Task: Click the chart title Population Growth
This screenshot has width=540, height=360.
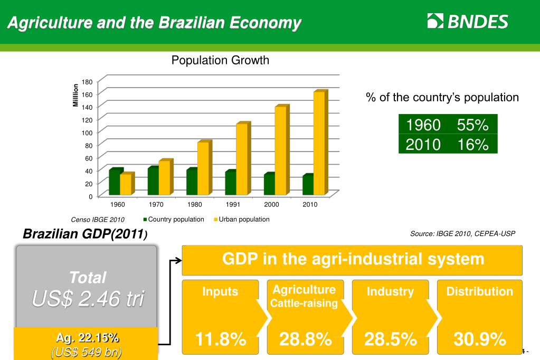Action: point(220,60)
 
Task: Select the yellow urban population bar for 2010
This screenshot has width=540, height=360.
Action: point(319,141)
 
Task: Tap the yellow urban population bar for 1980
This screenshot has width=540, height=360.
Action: point(203,168)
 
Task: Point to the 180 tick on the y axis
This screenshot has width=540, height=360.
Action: point(87,82)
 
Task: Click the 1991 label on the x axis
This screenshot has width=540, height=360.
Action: point(233,205)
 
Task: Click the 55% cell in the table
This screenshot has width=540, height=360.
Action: point(472,125)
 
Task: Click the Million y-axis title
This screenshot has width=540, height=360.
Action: point(75,95)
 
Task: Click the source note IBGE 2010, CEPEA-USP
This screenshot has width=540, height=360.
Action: point(462,233)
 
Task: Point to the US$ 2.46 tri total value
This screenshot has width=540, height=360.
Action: point(88,299)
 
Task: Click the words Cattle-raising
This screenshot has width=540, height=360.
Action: point(304,303)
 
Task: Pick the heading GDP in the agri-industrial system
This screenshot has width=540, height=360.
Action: point(353,259)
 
